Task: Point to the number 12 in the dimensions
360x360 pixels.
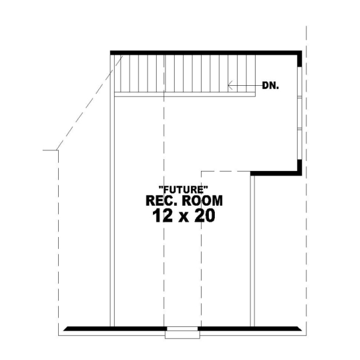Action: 157,216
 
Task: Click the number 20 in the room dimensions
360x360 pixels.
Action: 203,216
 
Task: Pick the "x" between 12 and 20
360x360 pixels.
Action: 180,217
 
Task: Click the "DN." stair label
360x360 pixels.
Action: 271,86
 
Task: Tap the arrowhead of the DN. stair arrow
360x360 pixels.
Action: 230,86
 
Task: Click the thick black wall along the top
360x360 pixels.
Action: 204,53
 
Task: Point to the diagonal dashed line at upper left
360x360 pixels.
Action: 90,102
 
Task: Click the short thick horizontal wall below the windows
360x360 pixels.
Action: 274,173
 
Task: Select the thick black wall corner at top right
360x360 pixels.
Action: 298,55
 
